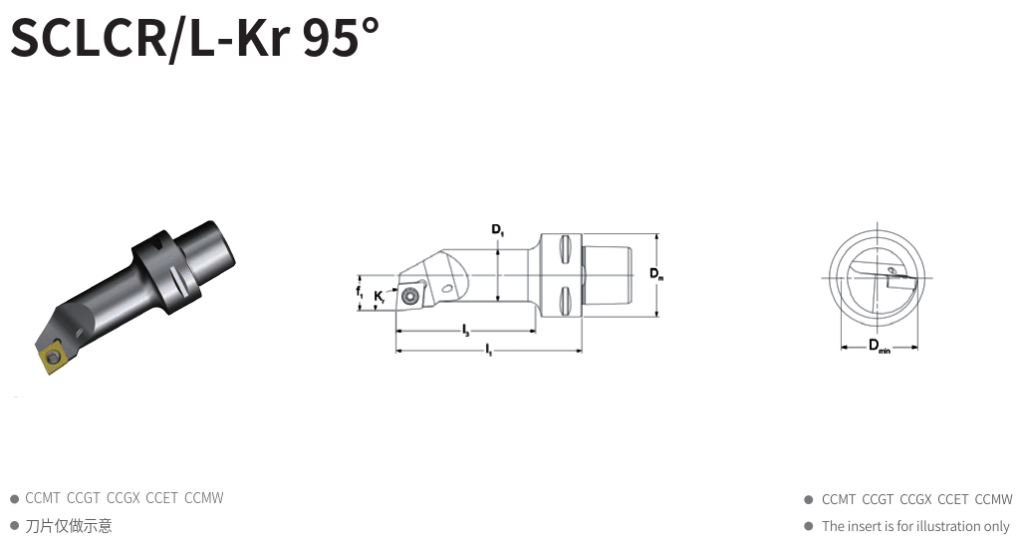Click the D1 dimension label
click(x=498, y=229)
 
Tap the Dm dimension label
click(x=656, y=274)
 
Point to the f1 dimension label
click(x=360, y=291)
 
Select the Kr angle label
click(x=380, y=297)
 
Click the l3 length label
click(x=465, y=331)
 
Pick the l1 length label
click(x=488, y=350)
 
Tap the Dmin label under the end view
click(x=879, y=346)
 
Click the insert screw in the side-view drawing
click(x=409, y=296)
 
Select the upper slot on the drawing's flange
click(x=565, y=249)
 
